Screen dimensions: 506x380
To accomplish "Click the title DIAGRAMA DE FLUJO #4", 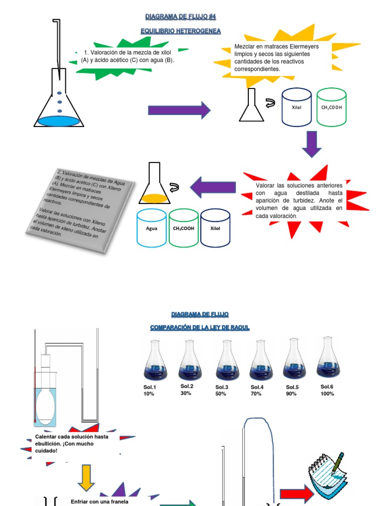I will coord(181,17).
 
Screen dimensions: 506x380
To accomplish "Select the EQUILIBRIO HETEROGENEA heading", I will coord(181,31).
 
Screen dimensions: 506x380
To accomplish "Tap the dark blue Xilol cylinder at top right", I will coord(296,107).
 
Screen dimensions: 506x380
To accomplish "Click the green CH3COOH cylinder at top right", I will coord(331,107).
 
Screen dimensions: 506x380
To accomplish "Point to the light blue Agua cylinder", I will coord(151,228).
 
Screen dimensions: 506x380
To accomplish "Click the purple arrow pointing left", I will coord(212,187).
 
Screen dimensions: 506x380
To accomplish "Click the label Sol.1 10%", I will coord(149,390).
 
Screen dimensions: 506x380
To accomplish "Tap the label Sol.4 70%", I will coord(257,390).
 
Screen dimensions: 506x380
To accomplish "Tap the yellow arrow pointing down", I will coord(86,477).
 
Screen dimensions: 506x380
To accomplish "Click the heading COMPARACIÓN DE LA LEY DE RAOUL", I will coord(200,328).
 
